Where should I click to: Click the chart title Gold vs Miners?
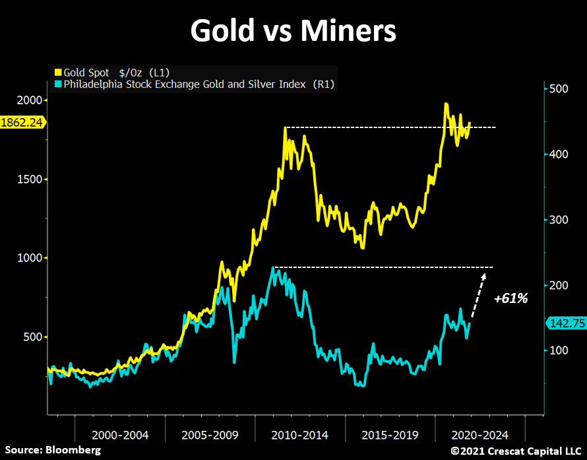click(293, 31)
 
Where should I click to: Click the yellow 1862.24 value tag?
click(23, 122)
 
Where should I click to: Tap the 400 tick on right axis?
click(557, 154)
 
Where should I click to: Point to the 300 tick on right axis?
click(557, 219)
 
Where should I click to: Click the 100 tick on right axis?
click(557, 350)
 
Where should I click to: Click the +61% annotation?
click(511, 298)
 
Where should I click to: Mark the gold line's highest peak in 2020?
click(447, 104)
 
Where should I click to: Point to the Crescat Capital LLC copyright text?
click(516, 450)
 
